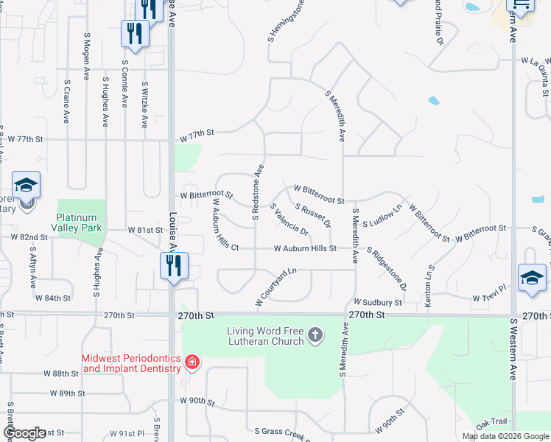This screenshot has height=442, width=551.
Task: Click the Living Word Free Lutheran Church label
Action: pyautogui.click(x=265, y=336)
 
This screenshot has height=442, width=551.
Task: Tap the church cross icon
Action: pyautogui.click(x=315, y=336)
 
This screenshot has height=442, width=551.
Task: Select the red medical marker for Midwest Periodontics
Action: pyautogui.click(x=192, y=362)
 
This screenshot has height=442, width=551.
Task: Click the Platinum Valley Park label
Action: pyautogui.click(x=81, y=222)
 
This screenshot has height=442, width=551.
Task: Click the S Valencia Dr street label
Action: pyautogui.click(x=289, y=221)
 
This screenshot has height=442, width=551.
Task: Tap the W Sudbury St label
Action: pyautogui.click(x=378, y=302)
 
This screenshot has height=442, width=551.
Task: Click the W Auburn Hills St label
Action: pyautogui.click(x=305, y=249)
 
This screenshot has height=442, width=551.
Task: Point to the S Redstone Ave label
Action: pyautogui.click(x=258, y=192)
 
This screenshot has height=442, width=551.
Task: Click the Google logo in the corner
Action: pyautogui.click(x=24, y=433)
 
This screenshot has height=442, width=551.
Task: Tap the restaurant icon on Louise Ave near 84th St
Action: pyautogui.click(x=174, y=265)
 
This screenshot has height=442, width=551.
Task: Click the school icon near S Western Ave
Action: pyautogui.click(x=532, y=278)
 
